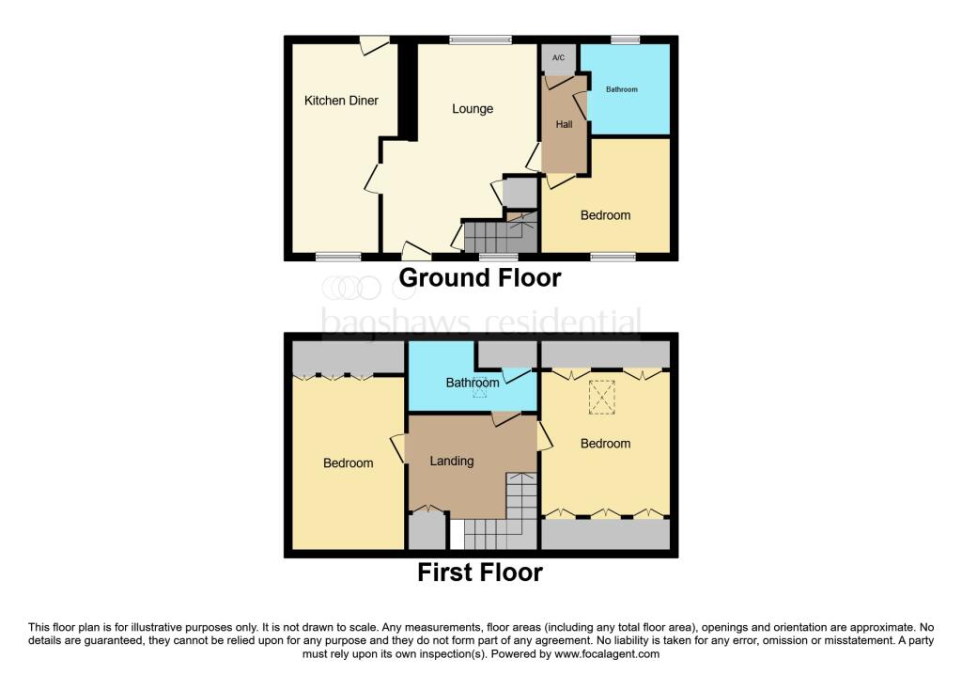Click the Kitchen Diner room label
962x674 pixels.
341,100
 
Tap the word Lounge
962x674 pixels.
473,108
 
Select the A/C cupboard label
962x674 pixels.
558,58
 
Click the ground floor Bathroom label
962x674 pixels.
621,89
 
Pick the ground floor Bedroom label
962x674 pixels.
605,215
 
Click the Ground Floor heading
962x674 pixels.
480,278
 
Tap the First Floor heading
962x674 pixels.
480,572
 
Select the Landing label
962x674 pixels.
452,461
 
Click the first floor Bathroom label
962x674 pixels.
472,383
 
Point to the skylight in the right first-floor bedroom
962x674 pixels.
600,397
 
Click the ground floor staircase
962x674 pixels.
499,235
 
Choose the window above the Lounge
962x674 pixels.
480,39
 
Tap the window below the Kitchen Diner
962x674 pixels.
337,256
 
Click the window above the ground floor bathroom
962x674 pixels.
625,39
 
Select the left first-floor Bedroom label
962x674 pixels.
348,462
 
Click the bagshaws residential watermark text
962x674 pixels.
481,321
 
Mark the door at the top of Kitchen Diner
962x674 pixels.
374,42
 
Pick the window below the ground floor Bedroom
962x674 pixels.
613,256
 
